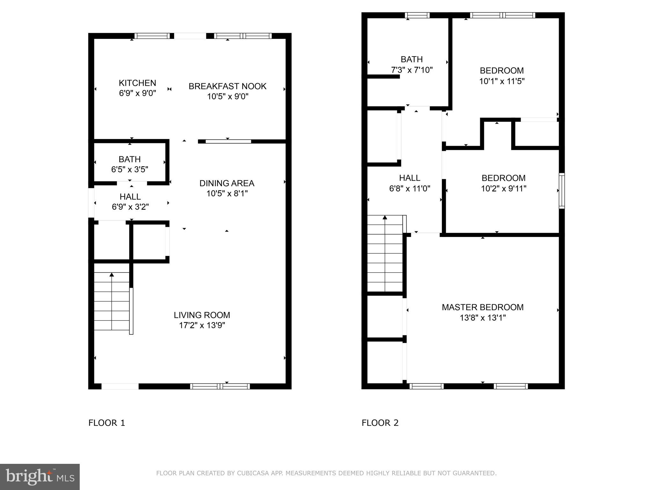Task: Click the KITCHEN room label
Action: pos(137,83)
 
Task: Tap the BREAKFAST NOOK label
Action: pos(227,86)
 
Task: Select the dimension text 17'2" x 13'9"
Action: pos(202,325)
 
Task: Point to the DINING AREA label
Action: pos(227,183)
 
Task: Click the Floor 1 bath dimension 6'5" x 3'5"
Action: pos(129,169)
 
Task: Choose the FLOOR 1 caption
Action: pos(106,423)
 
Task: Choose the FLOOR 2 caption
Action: pos(380,423)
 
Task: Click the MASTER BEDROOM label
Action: pos(482,307)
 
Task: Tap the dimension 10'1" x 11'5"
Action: pos(502,81)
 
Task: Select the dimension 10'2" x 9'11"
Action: pos(503,189)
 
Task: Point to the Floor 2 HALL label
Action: pos(409,178)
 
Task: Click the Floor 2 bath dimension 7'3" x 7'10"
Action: pos(412,70)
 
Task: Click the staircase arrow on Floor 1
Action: pos(112,275)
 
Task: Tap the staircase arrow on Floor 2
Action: pos(385,218)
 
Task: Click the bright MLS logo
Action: pos(40,477)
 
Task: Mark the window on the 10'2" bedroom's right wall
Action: pos(562,191)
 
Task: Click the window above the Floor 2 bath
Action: pos(417,15)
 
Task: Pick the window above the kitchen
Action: pos(152,36)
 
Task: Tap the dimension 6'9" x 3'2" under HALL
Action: pos(130,207)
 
